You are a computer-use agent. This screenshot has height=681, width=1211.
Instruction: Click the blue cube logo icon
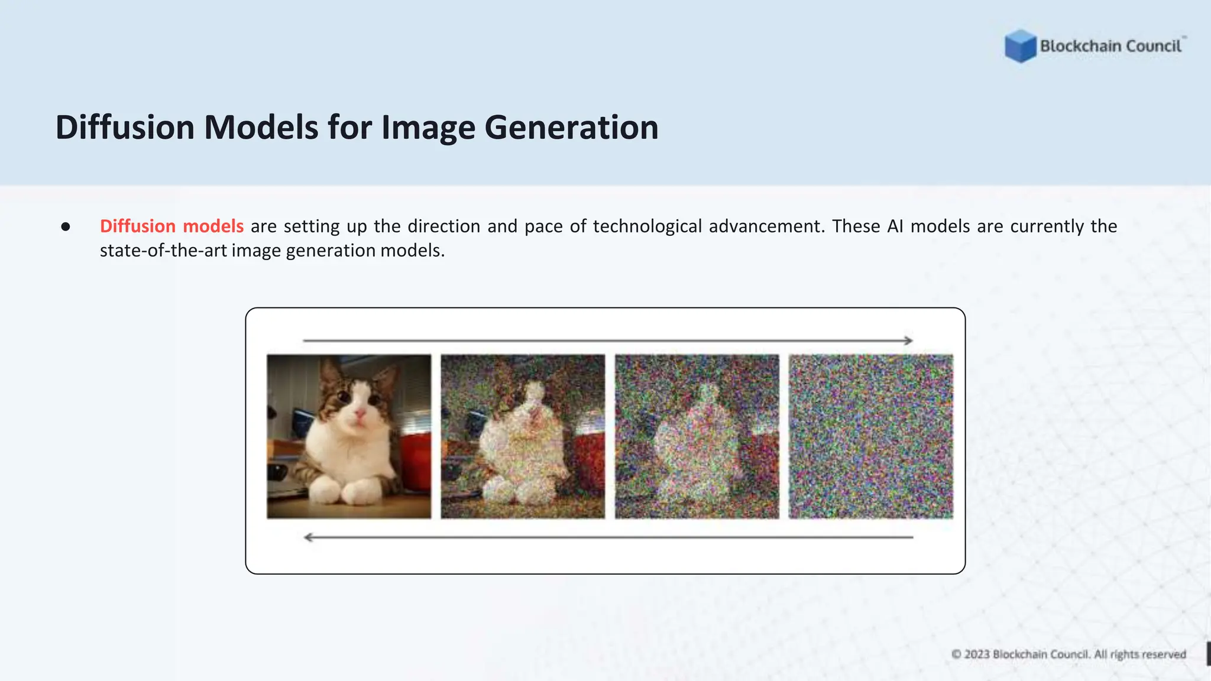(1021, 46)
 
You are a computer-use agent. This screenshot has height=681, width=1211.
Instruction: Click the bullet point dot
(66, 226)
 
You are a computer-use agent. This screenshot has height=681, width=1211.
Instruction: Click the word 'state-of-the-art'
(163, 251)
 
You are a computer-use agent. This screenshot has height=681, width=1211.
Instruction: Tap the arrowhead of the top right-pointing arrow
(908, 340)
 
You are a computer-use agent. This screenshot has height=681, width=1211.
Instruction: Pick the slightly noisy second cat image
(523, 436)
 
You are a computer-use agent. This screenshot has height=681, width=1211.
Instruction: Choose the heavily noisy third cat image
(697, 436)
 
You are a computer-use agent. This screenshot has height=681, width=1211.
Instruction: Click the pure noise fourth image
(870, 436)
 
